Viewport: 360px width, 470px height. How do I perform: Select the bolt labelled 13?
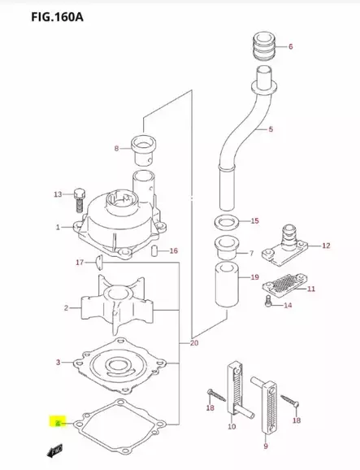[x=80, y=197]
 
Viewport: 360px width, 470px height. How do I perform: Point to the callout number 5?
[x=271, y=129]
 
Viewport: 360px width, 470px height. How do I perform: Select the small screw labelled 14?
[x=269, y=303]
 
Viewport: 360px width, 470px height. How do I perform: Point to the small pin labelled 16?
[x=153, y=251]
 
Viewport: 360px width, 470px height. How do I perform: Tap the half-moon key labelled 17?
[x=95, y=262]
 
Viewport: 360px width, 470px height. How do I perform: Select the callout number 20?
[x=193, y=342]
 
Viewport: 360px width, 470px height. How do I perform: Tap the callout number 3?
[x=58, y=362]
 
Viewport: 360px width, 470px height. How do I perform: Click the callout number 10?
[x=232, y=426]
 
